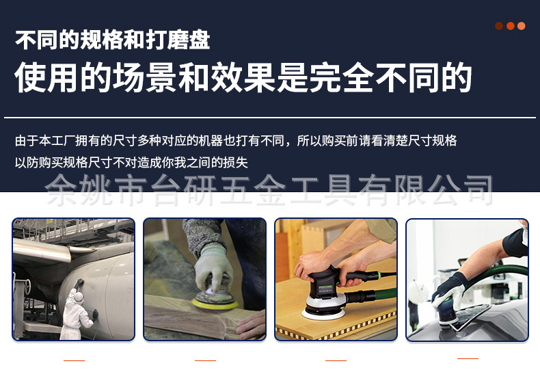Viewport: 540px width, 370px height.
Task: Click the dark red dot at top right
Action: pyautogui.click(x=499, y=26)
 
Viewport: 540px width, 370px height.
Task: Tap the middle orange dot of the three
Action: pyautogui.click(x=510, y=26)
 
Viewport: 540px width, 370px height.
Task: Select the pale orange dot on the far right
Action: pyautogui.click(x=522, y=26)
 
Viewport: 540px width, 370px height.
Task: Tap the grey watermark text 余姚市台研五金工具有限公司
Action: pyautogui.click(x=269, y=190)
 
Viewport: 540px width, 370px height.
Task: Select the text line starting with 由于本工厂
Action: pyautogui.click(x=236, y=141)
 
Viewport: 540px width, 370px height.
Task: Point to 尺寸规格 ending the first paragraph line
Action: pyautogui.click(x=429, y=141)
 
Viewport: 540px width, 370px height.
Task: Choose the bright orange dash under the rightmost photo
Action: pyautogui.click(x=468, y=358)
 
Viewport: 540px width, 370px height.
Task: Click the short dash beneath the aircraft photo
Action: pyautogui.click(x=74, y=360)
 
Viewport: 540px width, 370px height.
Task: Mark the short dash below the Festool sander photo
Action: pyautogui.click(x=336, y=360)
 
